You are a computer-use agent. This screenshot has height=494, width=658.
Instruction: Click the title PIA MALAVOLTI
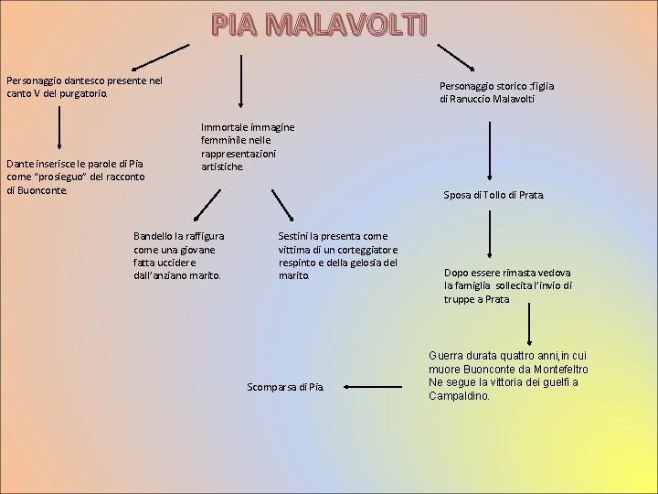(x=319, y=27)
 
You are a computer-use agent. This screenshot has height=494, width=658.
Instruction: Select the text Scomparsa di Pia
(x=285, y=387)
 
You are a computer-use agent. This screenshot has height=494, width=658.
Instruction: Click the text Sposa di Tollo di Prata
(x=493, y=195)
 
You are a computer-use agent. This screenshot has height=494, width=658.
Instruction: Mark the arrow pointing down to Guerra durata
(x=530, y=324)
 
